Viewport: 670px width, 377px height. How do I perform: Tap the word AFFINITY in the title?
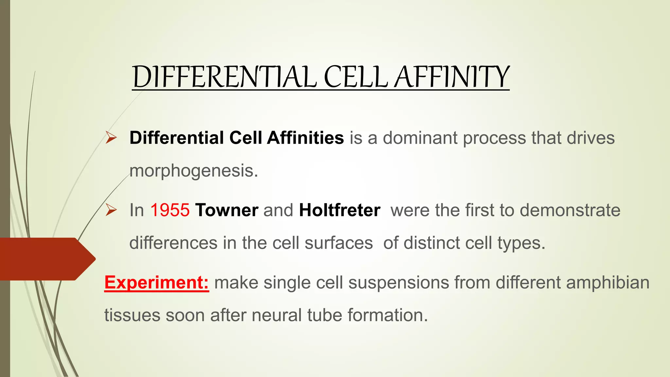coord(451,77)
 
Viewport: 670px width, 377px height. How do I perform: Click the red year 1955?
coord(170,210)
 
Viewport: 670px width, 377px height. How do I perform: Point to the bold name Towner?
coord(226,210)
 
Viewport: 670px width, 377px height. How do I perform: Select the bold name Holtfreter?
coord(340,210)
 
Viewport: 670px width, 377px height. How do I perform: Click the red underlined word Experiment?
coord(157,282)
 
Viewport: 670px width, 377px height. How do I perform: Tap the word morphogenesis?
coord(194,171)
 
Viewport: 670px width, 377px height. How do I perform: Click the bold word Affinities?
coord(305,138)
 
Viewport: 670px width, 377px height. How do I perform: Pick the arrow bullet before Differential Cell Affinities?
coord(111,138)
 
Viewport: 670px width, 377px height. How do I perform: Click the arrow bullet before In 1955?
coord(111,210)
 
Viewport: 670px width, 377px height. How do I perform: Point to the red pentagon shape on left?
coord(46,259)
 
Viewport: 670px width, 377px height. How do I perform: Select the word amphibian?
coord(608,282)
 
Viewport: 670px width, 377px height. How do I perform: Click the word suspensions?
coord(398,282)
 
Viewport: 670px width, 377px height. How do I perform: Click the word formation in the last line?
coord(387,315)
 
